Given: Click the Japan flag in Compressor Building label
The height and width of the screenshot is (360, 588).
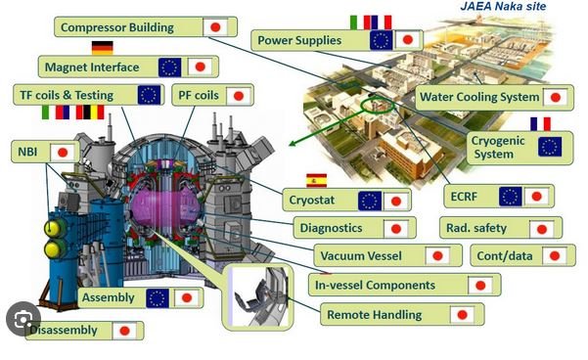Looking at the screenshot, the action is [215, 27].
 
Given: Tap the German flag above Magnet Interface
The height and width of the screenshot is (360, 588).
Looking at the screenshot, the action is [103, 48].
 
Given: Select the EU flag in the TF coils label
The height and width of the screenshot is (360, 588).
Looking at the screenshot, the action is [150, 95].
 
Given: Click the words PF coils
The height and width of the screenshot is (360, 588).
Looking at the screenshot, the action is [199, 95].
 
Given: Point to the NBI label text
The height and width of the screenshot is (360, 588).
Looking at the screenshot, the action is [27, 152].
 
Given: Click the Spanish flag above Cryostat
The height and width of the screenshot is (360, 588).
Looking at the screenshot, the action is [316, 180].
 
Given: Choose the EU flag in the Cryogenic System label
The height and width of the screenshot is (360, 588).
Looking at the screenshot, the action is [550, 147].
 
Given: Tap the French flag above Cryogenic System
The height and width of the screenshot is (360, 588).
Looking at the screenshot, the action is [540, 123].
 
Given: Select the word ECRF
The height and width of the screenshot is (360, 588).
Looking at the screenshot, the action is [464, 197].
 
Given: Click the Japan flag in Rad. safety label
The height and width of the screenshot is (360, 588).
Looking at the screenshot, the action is [541, 229].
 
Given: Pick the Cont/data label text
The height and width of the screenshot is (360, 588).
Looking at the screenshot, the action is [505, 256].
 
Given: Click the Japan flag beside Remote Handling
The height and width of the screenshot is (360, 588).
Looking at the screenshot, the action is [462, 315].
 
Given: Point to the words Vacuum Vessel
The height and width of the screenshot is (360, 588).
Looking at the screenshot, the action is [361, 256].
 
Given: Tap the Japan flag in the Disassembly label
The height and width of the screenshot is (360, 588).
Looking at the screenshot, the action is [124, 331].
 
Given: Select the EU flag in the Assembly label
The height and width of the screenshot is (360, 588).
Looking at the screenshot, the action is [158, 298].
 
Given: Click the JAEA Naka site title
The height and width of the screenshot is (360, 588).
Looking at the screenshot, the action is [503, 6].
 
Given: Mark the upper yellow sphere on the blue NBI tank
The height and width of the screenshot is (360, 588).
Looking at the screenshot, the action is [53, 228].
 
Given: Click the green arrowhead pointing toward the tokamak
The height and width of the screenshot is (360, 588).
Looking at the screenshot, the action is [294, 143].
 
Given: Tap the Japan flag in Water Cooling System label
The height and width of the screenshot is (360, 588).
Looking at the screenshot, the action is [556, 98].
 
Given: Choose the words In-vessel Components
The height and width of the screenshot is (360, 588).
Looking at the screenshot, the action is [375, 286].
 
